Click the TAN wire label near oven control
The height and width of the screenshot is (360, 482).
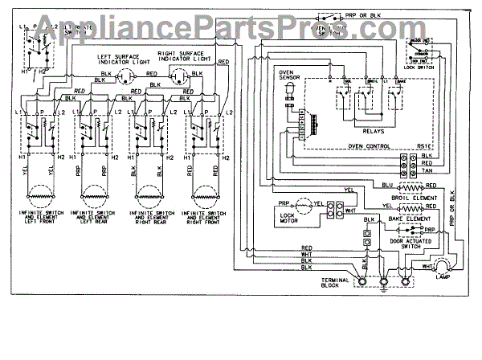[427, 171]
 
